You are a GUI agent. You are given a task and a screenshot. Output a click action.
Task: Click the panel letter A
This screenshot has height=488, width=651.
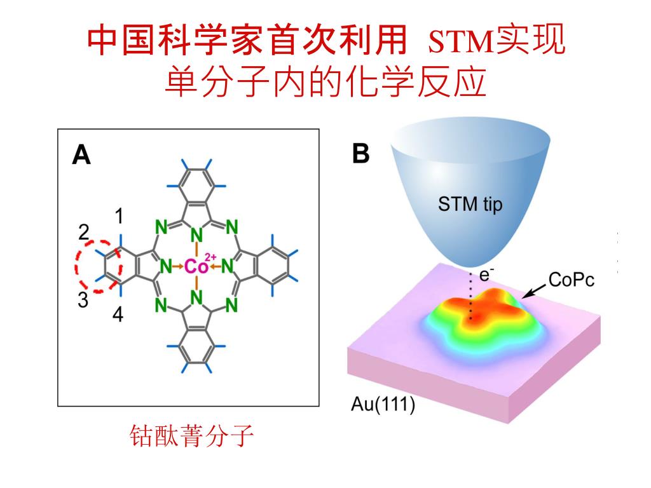(81, 154)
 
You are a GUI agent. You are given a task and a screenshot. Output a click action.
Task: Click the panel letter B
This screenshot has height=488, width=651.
(360, 154)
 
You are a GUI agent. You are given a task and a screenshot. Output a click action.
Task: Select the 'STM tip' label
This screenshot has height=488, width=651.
(470, 205)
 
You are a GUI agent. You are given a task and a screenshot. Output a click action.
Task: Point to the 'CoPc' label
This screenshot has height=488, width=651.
(571, 280)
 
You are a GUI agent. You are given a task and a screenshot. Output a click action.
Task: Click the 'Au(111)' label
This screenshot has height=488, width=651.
(383, 405)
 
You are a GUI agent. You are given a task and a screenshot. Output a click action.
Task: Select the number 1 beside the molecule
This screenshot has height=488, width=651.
(119, 217)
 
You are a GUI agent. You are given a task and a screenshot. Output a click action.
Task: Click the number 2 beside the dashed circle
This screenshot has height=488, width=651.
(84, 233)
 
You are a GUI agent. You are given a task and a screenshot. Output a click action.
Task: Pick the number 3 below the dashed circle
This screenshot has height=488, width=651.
(83, 301)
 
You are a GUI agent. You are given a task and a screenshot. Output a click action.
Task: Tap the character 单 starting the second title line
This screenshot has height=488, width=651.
(181, 83)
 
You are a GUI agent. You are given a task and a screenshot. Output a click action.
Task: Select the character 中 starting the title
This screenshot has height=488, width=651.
(103, 40)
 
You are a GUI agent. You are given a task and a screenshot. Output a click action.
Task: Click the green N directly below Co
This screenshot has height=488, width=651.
(196, 297)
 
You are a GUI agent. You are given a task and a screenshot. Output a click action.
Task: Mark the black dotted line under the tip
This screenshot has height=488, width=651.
(471, 295)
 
